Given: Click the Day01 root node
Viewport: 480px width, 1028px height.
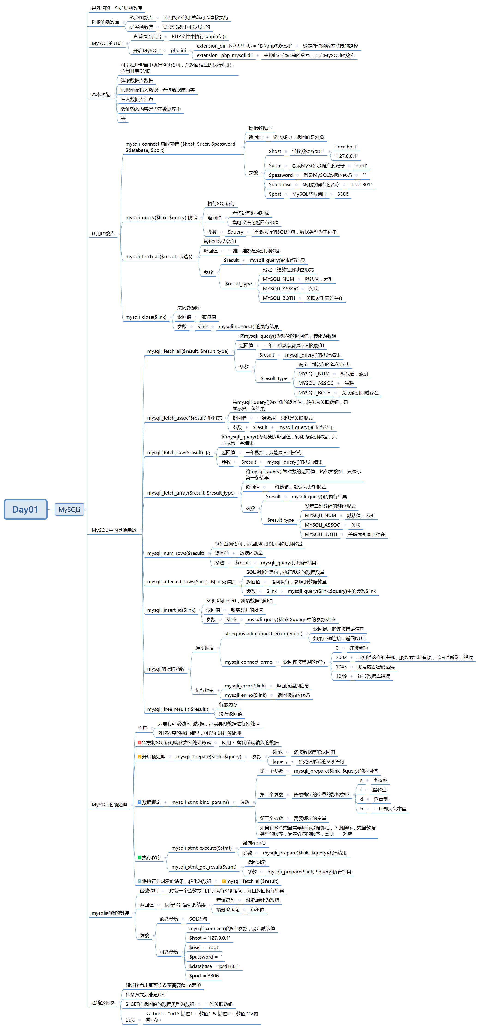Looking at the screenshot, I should (25, 509).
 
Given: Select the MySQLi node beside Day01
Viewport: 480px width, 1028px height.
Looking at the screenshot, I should (69, 509).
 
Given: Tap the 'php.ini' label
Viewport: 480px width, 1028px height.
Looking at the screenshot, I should (178, 51).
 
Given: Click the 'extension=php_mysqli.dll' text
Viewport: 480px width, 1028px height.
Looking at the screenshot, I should (225, 55).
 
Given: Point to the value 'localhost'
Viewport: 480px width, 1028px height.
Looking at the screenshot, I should (346, 147).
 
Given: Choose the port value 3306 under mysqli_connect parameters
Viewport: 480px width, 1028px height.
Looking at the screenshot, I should (343, 194).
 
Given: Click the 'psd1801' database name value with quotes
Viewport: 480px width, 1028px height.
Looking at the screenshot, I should (361, 184).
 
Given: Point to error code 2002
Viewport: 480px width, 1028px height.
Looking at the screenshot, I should (341, 657).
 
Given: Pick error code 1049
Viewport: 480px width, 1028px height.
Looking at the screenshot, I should (341, 676).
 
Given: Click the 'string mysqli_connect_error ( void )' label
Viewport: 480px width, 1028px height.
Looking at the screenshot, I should (263, 633).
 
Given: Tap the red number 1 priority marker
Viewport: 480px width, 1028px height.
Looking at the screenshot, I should (140, 742).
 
